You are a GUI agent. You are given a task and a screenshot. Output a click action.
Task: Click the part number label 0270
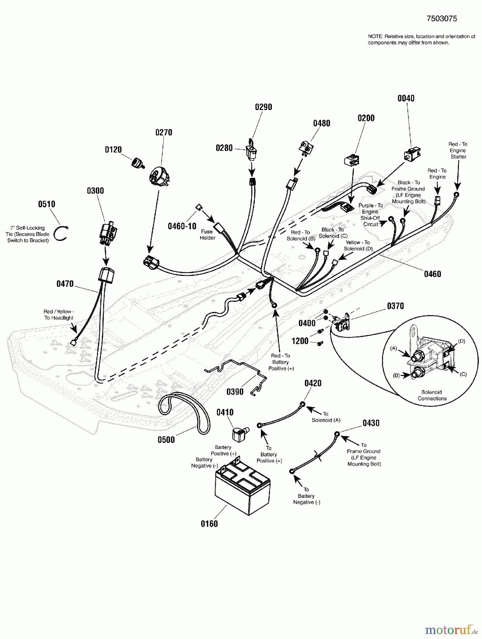pos(164,132)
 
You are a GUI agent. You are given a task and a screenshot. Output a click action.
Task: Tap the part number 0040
pos(406,98)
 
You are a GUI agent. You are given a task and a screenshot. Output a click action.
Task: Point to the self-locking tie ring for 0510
pos(61,233)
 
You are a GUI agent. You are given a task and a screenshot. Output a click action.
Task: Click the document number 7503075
pos(442,19)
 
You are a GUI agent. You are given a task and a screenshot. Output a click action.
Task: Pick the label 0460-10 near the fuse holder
pos(182,226)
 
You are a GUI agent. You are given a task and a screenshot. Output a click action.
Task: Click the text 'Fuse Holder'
pos(207,235)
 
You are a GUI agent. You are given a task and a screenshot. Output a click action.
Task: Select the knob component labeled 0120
pos(136,163)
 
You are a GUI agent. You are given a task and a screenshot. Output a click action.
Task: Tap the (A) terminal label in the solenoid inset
pos(393,348)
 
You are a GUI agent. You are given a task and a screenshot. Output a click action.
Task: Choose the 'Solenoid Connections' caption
pos(432,395)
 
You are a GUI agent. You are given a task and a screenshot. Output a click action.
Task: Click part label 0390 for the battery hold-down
pos(235,392)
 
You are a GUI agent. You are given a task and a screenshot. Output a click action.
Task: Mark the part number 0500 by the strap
pos(166,440)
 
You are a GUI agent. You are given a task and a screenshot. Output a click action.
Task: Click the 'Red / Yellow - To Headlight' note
pos(59,315)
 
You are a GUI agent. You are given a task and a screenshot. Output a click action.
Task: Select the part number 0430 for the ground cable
pos(371,423)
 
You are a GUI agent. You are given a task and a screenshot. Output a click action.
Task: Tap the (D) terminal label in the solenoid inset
pos(461,341)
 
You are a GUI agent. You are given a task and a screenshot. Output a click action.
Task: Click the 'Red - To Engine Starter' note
pos(458,150)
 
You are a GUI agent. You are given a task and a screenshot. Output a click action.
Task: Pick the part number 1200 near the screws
pos(300,341)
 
